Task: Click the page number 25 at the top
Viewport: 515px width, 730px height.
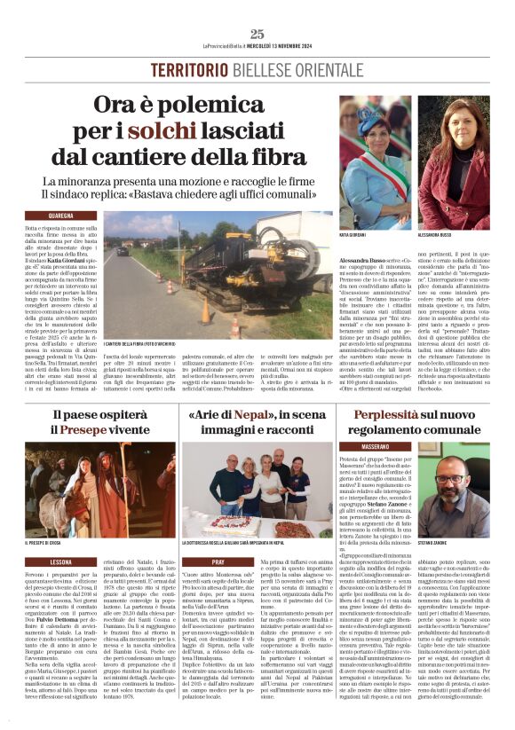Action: pyautogui.click(x=257, y=34)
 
